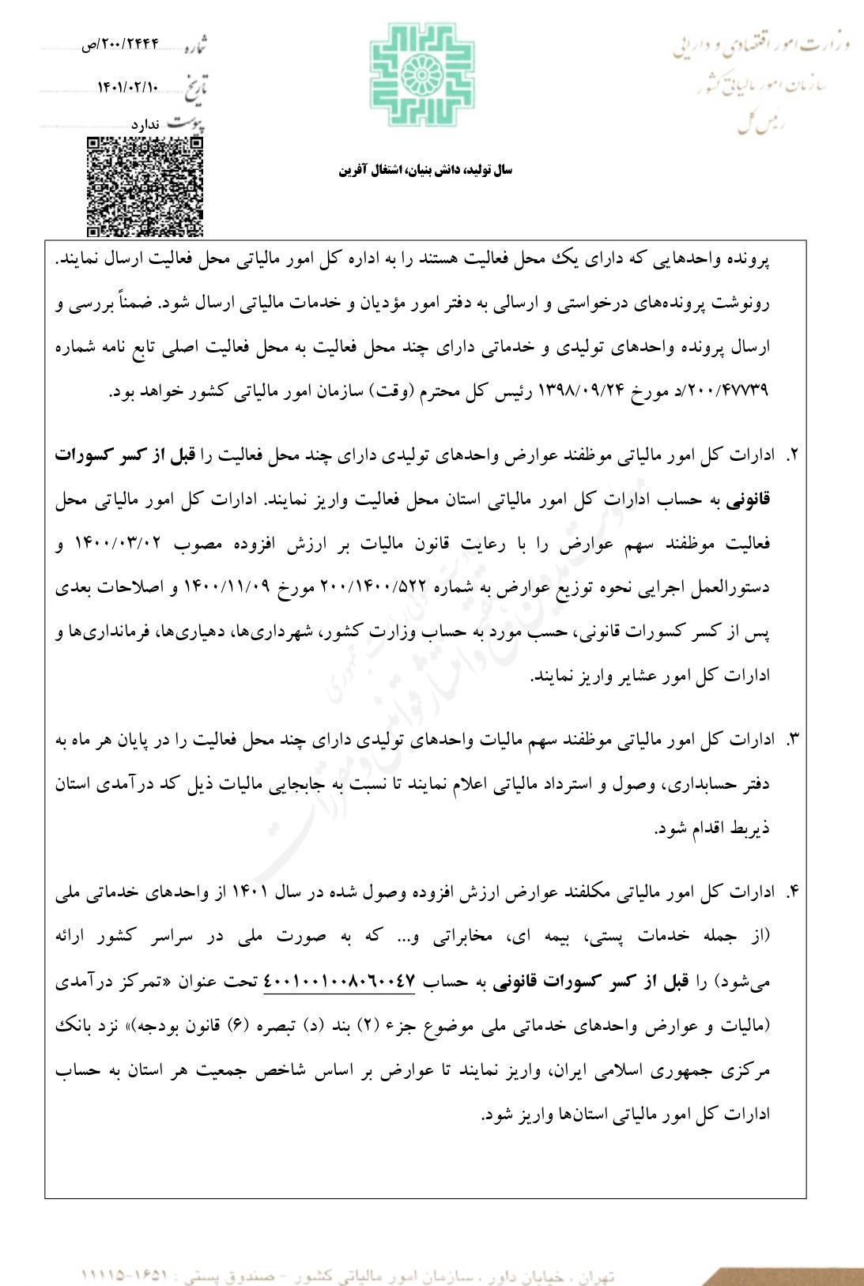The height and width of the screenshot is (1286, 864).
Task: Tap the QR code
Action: pos(145,187)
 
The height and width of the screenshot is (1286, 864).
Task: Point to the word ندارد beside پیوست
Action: pos(145,125)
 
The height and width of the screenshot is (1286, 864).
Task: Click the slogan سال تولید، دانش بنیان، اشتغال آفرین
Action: pos(426,170)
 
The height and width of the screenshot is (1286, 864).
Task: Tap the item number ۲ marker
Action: pos(792,456)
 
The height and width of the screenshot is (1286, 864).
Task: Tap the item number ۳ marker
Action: pos(792,741)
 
